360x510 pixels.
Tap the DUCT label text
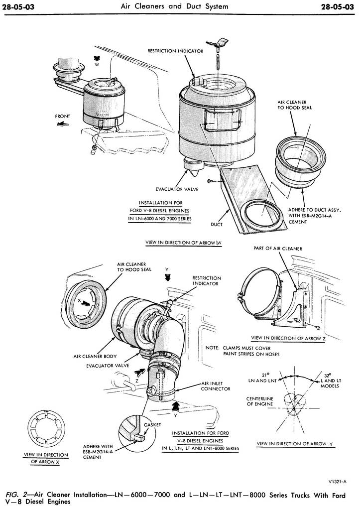(x=217, y=224)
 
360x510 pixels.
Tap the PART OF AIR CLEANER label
(x=278, y=248)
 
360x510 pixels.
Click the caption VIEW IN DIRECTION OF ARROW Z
(x=289, y=338)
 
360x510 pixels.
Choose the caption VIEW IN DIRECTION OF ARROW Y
(x=294, y=443)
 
